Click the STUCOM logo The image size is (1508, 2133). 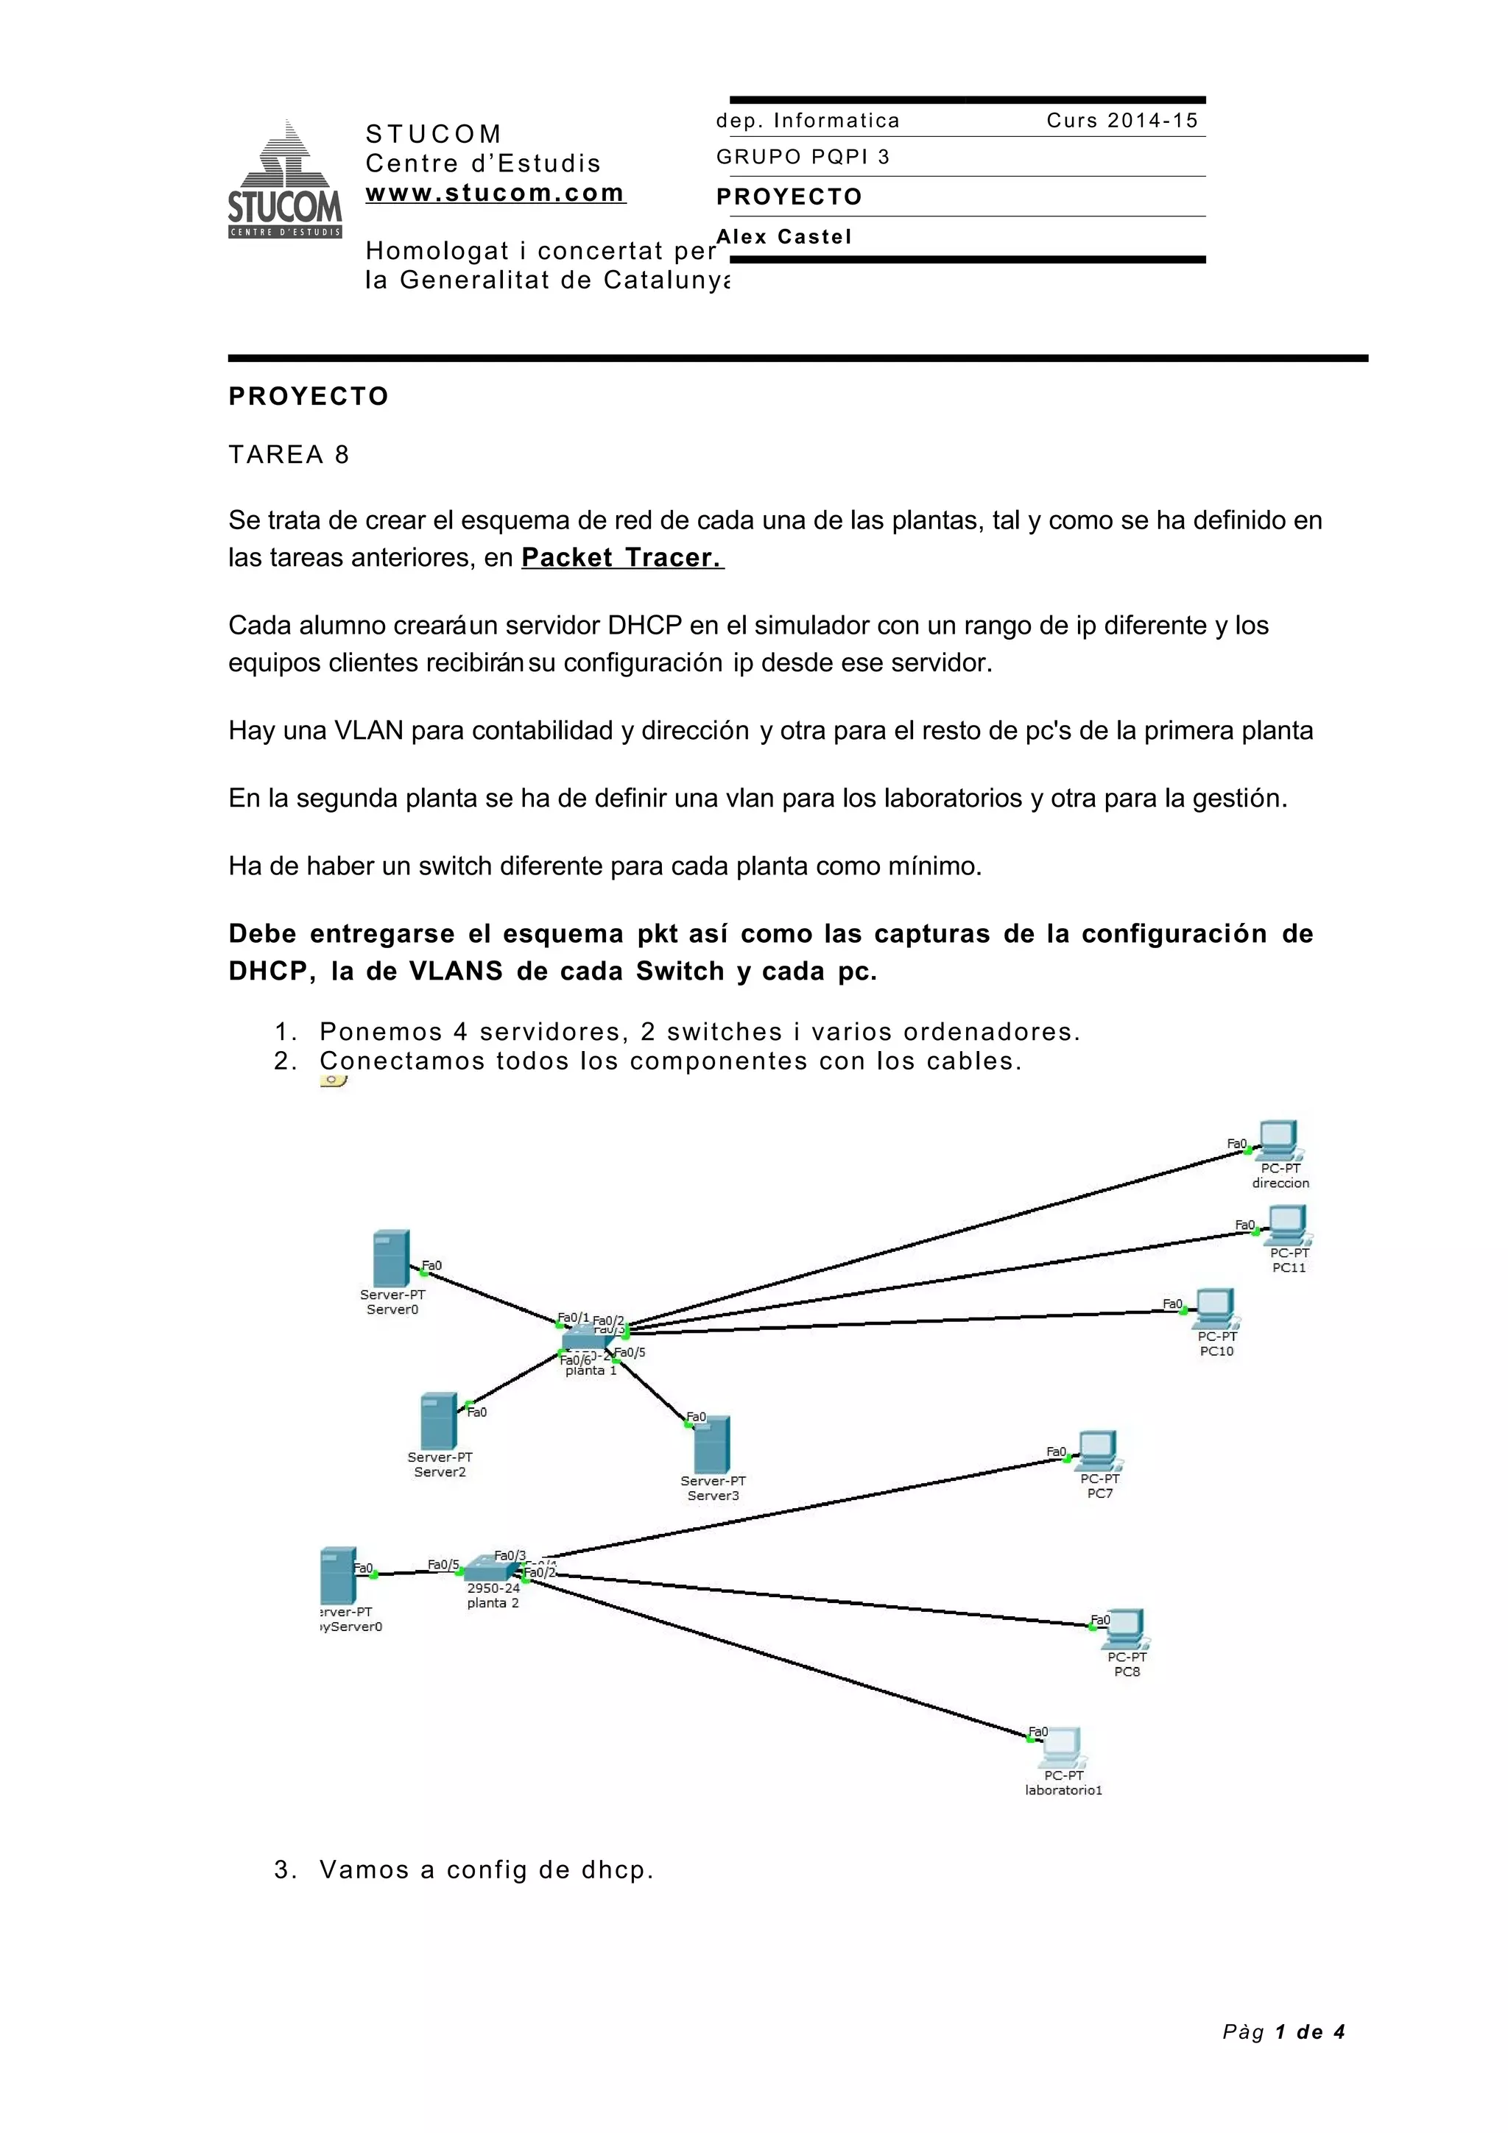284,180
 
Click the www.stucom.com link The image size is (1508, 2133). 496,194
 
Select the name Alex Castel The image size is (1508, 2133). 784,237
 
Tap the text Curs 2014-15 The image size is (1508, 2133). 1122,121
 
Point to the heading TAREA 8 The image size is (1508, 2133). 289,454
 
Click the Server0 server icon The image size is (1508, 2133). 390,1259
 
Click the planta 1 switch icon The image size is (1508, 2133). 587,1338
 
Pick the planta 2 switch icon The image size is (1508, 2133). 490,1569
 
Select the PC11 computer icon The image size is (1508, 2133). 1288,1225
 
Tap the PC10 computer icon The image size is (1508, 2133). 1216,1309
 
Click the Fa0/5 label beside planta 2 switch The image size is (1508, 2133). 443,1565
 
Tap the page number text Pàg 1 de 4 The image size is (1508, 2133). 1283,2031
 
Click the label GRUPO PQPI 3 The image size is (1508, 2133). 803,157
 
